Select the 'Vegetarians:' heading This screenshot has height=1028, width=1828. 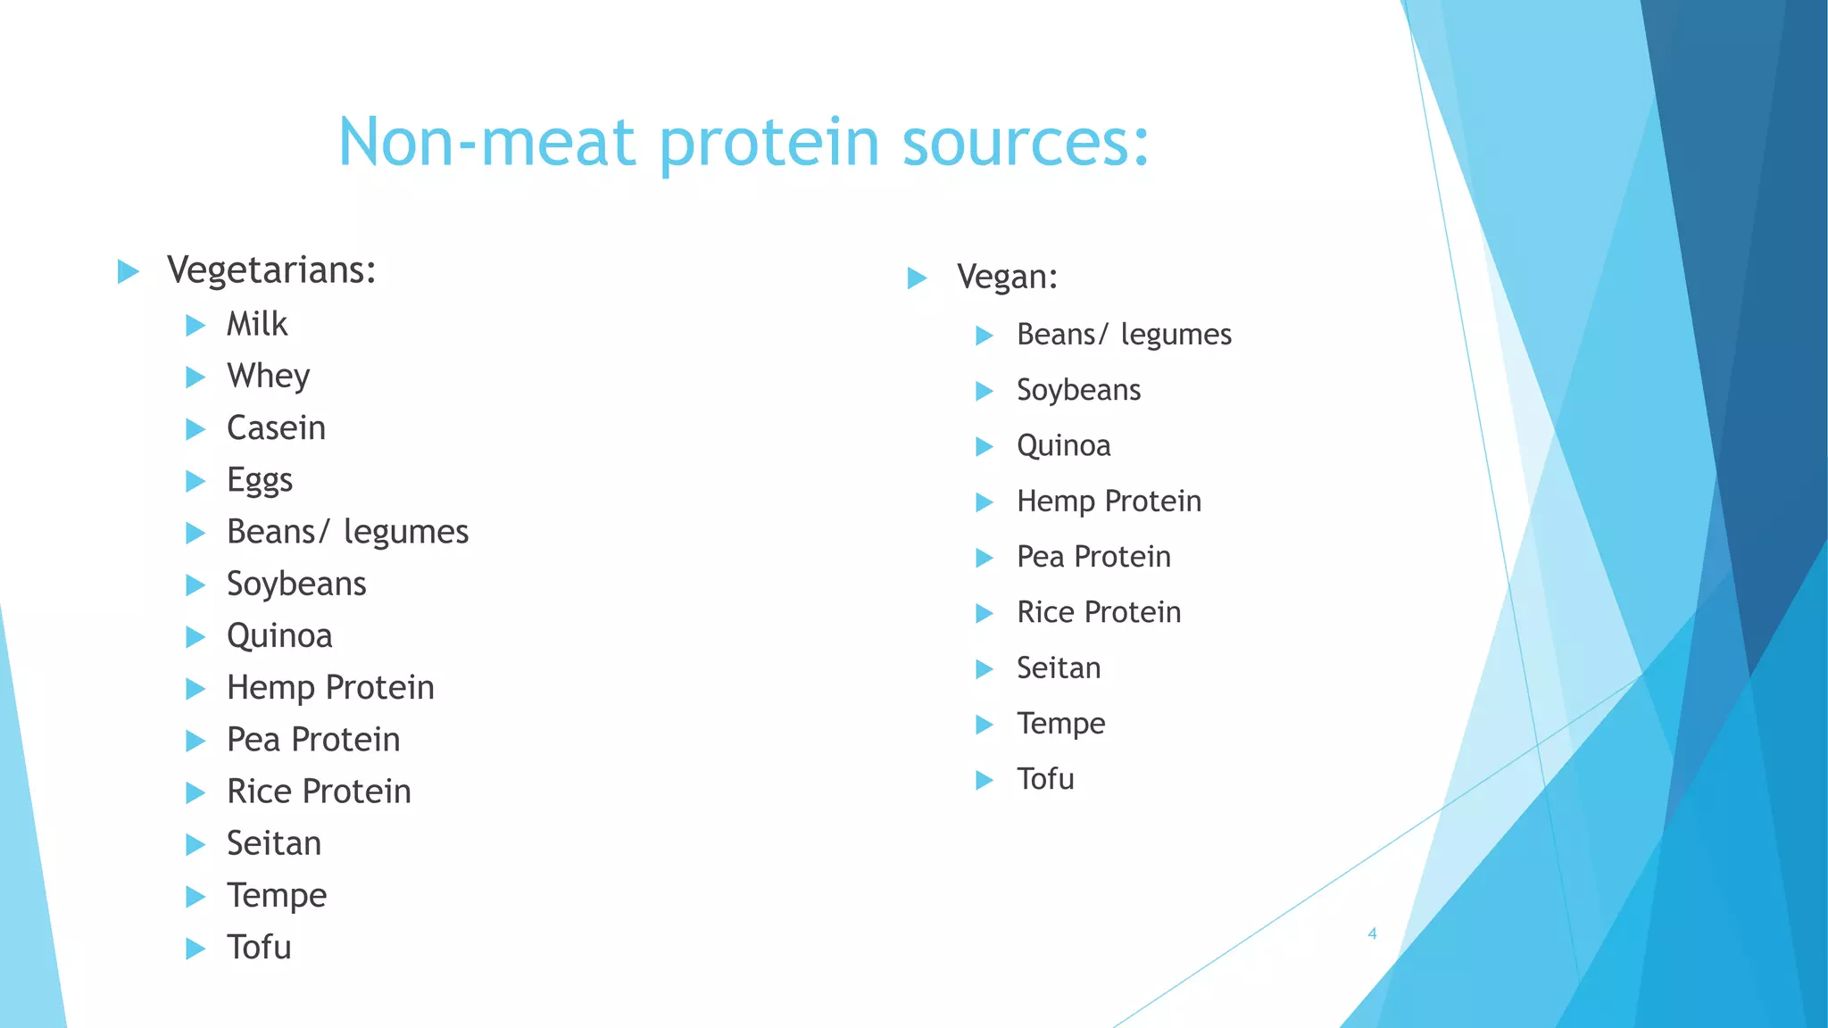click(271, 270)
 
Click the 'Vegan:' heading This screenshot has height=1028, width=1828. click(1007, 277)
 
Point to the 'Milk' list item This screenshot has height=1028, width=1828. click(257, 324)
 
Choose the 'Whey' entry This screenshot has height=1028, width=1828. click(268, 376)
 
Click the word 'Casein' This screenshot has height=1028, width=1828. click(276, 428)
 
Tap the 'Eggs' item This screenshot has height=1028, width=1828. click(259, 480)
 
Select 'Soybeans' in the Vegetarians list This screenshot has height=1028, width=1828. click(296, 584)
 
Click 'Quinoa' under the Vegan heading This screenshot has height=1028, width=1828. click(1063, 445)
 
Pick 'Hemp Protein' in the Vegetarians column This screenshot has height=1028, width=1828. click(330, 688)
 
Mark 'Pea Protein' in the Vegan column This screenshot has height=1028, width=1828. click(1093, 557)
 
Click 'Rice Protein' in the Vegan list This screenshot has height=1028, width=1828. click(1099, 612)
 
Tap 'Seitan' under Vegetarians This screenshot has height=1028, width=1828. click(273, 843)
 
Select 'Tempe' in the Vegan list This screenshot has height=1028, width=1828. click(1060, 724)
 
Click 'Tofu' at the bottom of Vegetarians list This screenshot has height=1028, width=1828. click(259, 948)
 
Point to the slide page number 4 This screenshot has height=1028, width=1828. click(1372, 934)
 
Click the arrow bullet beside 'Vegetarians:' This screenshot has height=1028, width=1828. click(129, 272)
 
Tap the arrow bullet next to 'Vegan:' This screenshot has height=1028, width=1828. click(918, 278)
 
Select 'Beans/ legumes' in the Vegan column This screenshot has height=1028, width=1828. click(1124, 335)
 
